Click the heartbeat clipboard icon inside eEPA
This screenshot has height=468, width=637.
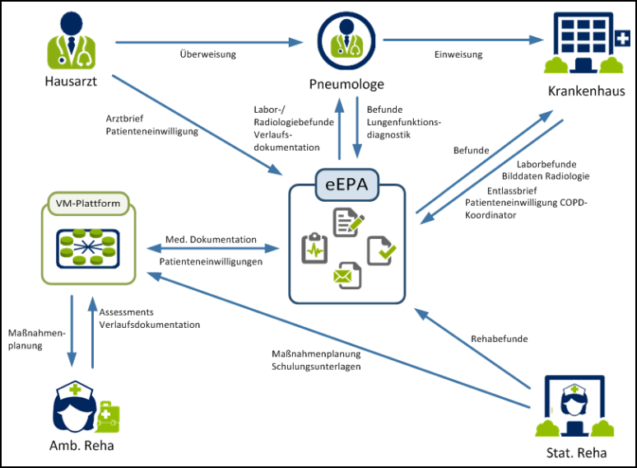314,248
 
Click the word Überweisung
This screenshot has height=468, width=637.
207,55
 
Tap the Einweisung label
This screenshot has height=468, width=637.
458,55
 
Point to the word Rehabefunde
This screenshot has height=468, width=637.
500,339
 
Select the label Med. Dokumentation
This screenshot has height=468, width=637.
211,240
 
